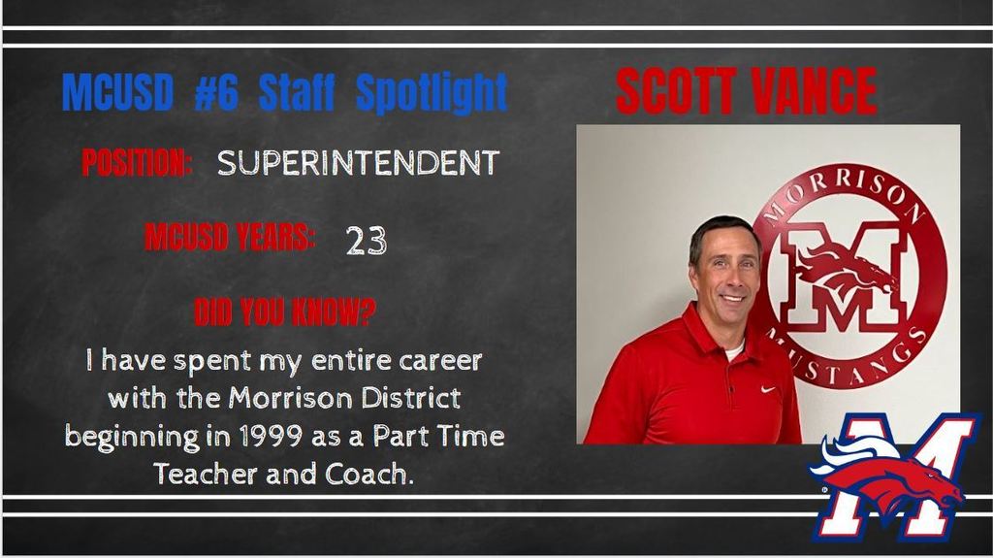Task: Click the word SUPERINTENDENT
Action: click(x=359, y=163)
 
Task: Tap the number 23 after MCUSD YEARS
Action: click(x=366, y=241)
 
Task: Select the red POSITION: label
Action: click(x=137, y=163)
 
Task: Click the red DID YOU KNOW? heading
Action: click(x=284, y=312)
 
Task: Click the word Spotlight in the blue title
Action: click(x=432, y=92)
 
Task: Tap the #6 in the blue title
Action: click(x=216, y=92)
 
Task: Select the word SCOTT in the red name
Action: click(x=675, y=90)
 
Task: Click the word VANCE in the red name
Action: click(x=813, y=90)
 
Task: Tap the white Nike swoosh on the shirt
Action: click(x=768, y=389)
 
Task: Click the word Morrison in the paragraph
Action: click(x=290, y=398)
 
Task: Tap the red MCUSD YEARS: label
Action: click(x=230, y=238)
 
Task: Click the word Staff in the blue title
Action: click(x=297, y=92)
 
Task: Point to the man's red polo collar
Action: click(x=716, y=336)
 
